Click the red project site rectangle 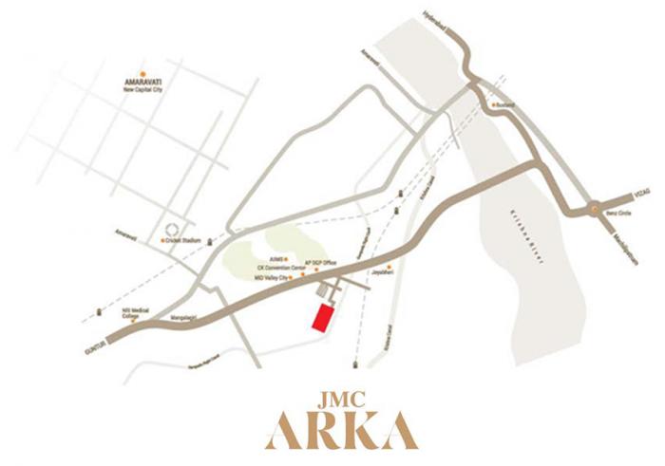point(324,317)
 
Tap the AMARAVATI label point(142,83)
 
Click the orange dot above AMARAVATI point(142,73)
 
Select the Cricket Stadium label point(186,241)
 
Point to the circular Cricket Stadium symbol point(172,229)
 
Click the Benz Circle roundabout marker point(592,208)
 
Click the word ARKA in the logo point(342,429)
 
